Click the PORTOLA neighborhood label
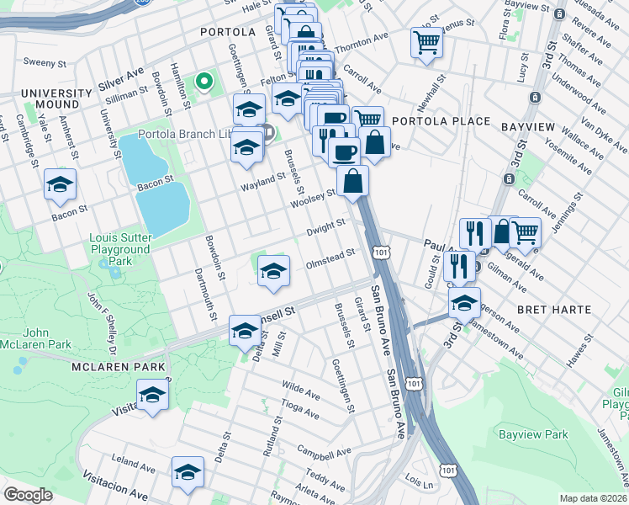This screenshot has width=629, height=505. point(227,32)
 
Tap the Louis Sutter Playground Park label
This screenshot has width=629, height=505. point(120,249)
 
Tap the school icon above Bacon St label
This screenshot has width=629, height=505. point(60,185)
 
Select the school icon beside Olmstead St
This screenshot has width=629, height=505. point(273,271)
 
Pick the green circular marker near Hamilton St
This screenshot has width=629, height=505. point(203,82)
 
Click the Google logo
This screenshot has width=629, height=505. point(28,495)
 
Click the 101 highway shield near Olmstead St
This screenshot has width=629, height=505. point(382,252)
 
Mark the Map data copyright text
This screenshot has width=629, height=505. point(594,498)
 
